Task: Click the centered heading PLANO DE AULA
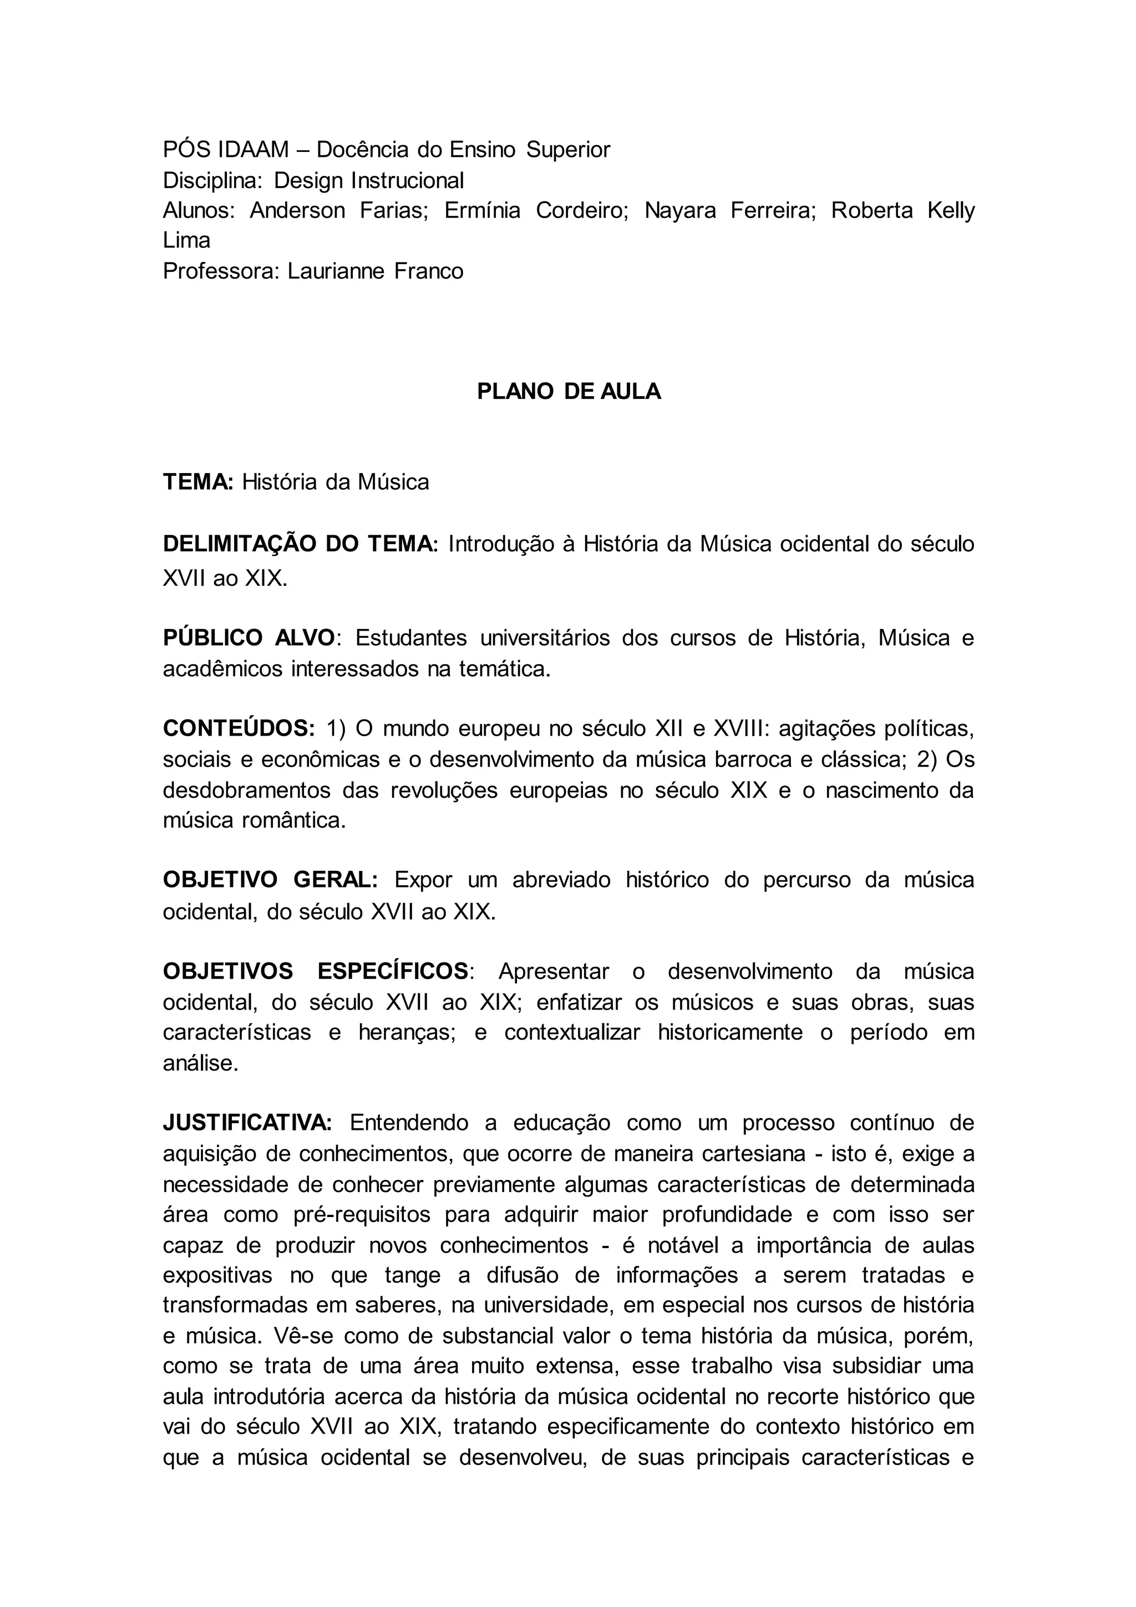click(x=569, y=391)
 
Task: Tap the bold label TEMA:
click(x=197, y=482)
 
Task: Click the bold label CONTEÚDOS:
click(x=239, y=728)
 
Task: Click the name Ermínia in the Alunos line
click(x=482, y=211)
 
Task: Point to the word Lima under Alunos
click(x=186, y=241)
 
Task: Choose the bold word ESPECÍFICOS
click(x=393, y=971)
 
